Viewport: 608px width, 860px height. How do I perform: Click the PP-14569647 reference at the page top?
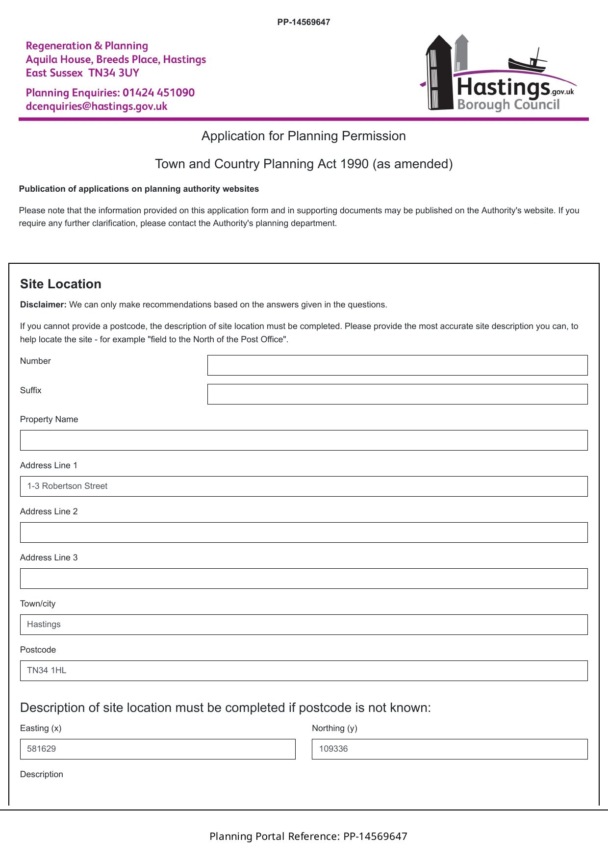(304, 22)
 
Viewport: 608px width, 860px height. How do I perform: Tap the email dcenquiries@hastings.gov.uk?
(97, 106)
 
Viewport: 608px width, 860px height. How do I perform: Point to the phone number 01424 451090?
(158, 93)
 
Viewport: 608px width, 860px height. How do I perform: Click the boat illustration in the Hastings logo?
(528, 61)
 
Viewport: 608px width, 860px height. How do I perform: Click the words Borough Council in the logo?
(508, 104)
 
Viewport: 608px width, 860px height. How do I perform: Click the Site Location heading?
(61, 284)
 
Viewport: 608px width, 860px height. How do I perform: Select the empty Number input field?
(397, 365)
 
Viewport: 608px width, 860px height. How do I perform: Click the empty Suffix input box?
(397, 394)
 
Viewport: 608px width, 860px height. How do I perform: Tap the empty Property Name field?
(304, 440)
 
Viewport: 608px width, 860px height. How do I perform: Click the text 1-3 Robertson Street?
(67, 486)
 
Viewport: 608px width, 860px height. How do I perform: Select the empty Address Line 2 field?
(304, 532)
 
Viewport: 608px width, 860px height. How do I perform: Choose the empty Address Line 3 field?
(304, 579)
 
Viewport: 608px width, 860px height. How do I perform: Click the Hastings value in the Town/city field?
(44, 624)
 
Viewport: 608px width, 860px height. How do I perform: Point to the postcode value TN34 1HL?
(47, 670)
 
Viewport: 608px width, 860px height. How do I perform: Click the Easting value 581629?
(41, 749)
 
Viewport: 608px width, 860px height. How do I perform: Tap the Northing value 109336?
(333, 749)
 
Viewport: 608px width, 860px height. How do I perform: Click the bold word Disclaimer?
(43, 304)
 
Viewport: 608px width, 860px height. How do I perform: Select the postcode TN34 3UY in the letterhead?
(114, 73)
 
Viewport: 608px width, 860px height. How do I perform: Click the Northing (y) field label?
(334, 728)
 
